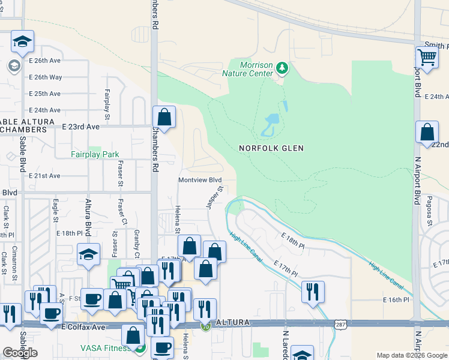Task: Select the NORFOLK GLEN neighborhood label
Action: click(271, 148)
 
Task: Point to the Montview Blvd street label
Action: click(200, 180)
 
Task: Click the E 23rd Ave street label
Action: click(81, 127)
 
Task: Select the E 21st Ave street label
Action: click(44, 176)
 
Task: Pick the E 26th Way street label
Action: click(45, 77)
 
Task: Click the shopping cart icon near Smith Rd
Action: click(427, 58)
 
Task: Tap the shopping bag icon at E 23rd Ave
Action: click(164, 116)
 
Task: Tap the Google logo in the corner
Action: click(20, 353)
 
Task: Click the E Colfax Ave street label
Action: click(83, 327)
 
